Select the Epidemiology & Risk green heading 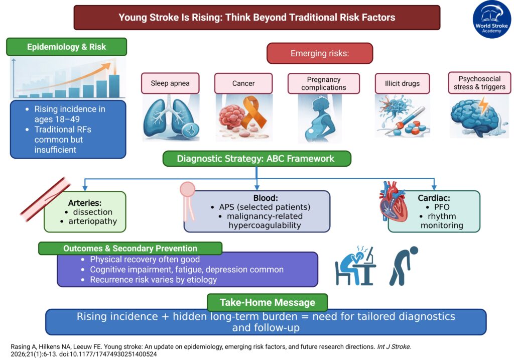point(66,47)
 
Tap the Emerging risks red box point(319,53)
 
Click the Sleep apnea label point(170,83)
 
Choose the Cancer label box point(243,83)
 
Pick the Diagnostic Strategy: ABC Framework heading point(256,159)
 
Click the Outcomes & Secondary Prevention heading point(130,249)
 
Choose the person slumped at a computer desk point(354,266)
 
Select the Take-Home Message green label point(267,302)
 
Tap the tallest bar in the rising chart point(114,86)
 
